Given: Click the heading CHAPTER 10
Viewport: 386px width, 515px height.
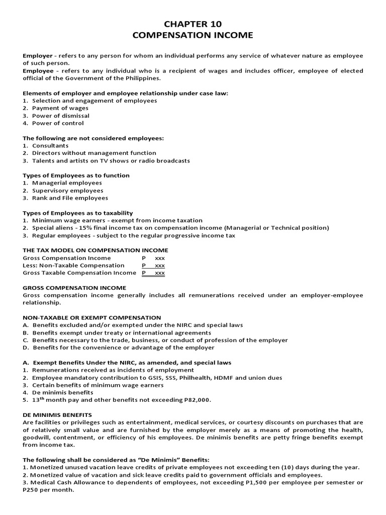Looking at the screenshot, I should coord(193,24).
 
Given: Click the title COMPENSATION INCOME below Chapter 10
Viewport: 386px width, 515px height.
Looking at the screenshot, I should coord(193,36).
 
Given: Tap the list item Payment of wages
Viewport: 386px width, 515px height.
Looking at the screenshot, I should coord(60,108).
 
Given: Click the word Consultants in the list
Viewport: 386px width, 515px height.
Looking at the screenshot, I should coord(50,145).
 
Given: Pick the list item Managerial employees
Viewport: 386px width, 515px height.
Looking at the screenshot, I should coord(67,183).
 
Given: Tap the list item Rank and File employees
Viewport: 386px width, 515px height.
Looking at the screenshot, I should coord(70,198).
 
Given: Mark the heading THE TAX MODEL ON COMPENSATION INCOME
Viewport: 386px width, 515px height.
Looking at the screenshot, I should coord(95,250).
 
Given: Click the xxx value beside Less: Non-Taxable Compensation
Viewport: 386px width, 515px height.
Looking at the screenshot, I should coord(159,265).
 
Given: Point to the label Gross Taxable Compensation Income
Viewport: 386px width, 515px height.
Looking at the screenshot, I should coord(79,273).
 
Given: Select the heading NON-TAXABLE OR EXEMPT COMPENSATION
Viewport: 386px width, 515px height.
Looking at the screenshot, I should coord(92,317).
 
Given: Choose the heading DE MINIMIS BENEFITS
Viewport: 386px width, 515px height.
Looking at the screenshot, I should coord(56,415).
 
